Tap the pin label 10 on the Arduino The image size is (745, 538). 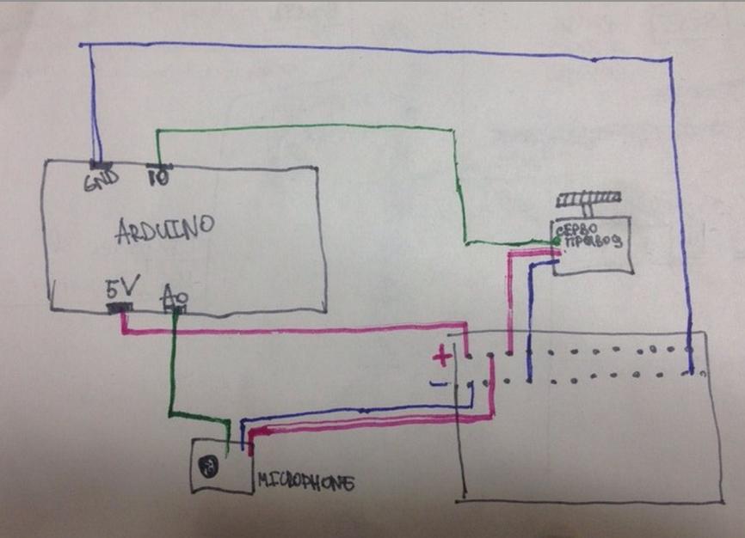click(x=157, y=179)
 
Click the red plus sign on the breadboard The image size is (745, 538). click(x=441, y=354)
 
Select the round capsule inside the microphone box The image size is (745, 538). click(x=207, y=467)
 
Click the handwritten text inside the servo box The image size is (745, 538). click(x=590, y=236)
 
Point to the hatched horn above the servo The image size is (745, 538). click(x=588, y=199)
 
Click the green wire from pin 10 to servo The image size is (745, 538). click(x=310, y=127)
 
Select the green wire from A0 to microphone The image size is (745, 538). click(x=173, y=370)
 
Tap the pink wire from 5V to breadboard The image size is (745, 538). click(x=292, y=331)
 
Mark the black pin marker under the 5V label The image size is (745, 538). click(x=120, y=308)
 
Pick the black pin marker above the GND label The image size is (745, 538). click(x=100, y=164)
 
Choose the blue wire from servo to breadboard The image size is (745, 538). click(x=529, y=318)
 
